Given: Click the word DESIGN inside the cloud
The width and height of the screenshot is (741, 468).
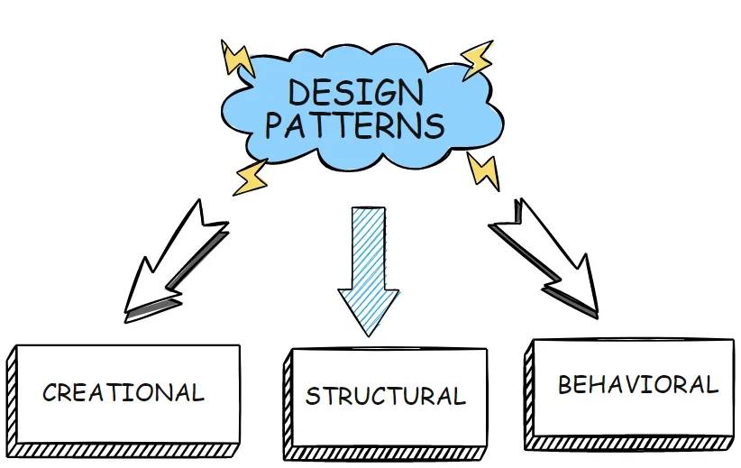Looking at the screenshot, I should click(355, 92).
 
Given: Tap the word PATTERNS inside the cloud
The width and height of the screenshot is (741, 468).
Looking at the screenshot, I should click(354, 125).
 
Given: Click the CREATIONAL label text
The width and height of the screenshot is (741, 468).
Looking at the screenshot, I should click(123, 393).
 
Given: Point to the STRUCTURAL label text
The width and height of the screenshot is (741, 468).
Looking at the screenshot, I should click(386, 397).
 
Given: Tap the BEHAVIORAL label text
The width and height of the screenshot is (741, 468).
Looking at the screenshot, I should click(637, 385).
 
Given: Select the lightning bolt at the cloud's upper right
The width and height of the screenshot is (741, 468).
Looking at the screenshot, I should click(477, 60).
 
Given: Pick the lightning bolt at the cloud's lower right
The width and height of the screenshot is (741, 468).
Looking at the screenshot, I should click(483, 171).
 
